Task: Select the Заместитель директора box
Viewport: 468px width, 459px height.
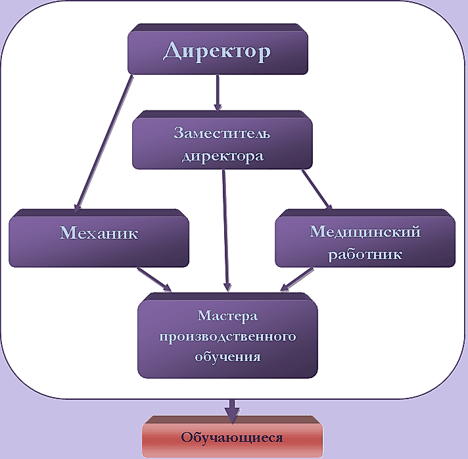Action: coord(222,143)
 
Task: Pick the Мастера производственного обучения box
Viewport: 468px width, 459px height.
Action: coord(227,337)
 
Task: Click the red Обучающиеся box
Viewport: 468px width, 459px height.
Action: coord(232,437)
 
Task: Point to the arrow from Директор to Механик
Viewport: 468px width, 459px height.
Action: coord(105,141)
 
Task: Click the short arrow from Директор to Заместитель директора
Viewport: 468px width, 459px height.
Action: coord(217,92)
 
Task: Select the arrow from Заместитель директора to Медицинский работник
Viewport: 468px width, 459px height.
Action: coord(317,190)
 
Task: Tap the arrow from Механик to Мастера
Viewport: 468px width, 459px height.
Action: coord(154,279)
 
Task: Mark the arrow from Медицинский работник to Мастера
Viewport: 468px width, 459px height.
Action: coord(300,278)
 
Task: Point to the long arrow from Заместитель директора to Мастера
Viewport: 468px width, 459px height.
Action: coord(226,230)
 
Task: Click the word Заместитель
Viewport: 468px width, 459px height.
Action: coord(222,133)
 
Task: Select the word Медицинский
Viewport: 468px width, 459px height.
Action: coord(365,232)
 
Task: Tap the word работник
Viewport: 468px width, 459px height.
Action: coord(365,253)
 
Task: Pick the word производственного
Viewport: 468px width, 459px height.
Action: coord(227,337)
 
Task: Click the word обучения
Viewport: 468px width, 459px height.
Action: coord(227,357)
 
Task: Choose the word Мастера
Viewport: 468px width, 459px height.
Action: coord(227,317)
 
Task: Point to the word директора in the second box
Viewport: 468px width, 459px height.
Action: coord(222,156)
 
